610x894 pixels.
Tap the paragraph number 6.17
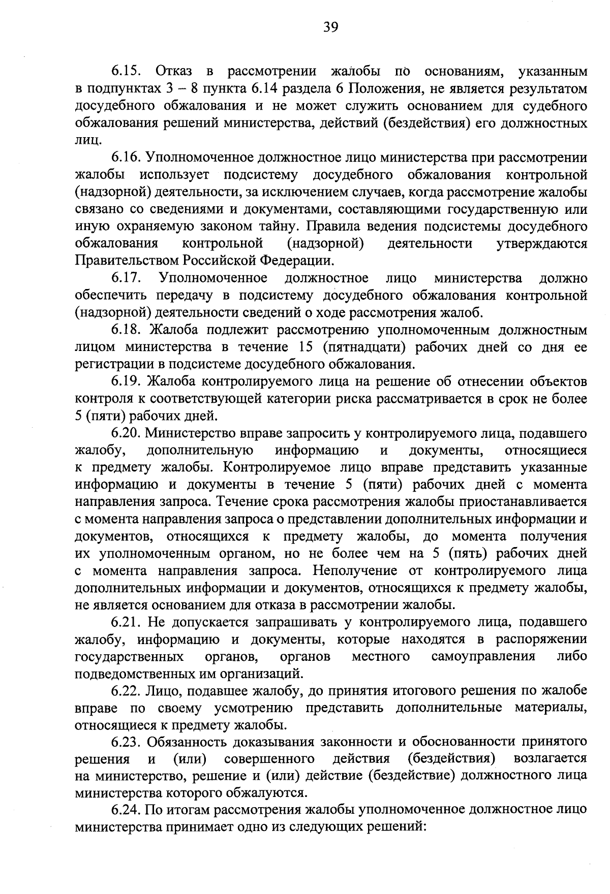[x=126, y=278]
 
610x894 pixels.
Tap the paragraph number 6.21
[x=126, y=622]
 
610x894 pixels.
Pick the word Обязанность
[x=186, y=742]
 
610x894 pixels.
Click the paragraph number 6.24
[x=126, y=811]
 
